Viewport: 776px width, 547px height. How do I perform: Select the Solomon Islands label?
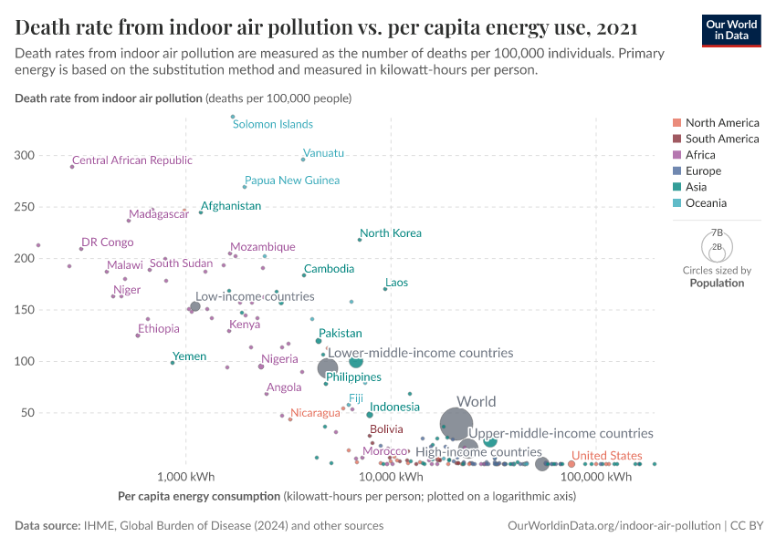272,125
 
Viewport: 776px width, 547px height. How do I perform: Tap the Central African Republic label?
132,160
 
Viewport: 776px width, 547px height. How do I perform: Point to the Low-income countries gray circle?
194,306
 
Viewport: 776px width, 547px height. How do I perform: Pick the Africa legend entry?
700,155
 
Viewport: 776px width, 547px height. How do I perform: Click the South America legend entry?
721,139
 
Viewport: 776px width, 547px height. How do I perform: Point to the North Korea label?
391,233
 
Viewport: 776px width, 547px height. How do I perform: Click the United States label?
605,456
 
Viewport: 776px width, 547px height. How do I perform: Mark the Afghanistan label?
231,206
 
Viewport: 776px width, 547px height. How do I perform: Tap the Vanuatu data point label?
323,153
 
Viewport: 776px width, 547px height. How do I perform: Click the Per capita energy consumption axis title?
198,497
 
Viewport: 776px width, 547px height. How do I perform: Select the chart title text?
327,26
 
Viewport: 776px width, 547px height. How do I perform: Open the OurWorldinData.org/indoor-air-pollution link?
613,526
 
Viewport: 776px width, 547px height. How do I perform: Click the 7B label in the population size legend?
717,233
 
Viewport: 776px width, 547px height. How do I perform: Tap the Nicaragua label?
315,413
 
